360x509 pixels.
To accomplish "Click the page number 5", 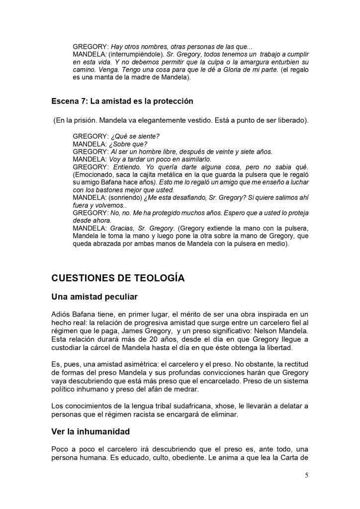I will tap(306, 475).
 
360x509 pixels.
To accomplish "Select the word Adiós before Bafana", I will tap(63, 314).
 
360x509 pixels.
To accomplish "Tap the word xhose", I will tap(215, 406).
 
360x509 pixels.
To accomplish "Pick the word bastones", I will tap(102, 190).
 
